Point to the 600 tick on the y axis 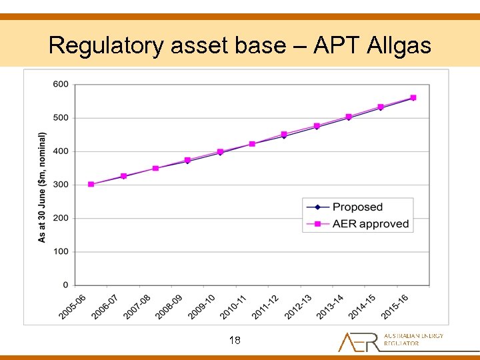pyautogui.click(x=60, y=84)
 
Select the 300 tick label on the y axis pyautogui.click(x=60, y=185)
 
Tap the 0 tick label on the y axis pyautogui.click(x=65, y=285)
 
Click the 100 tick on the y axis pyautogui.click(x=60, y=252)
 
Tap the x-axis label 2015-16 pyautogui.click(x=395, y=306)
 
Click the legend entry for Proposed pyautogui.click(x=357, y=207)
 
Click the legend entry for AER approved pyautogui.click(x=371, y=224)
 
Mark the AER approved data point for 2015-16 pyautogui.click(x=413, y=97)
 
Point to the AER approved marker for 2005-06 pyautogui.click(x=91, y=184)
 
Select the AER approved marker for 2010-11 pyautogui.click(x=252, y=144)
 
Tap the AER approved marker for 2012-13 pyautogui.click(x=317, y=126)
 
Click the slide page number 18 pyautogui.click(x=235, y=341)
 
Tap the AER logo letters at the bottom pyautogui.click(x=358, y=341)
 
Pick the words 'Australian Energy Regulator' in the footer pyautogui.click(x=413, y=339)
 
